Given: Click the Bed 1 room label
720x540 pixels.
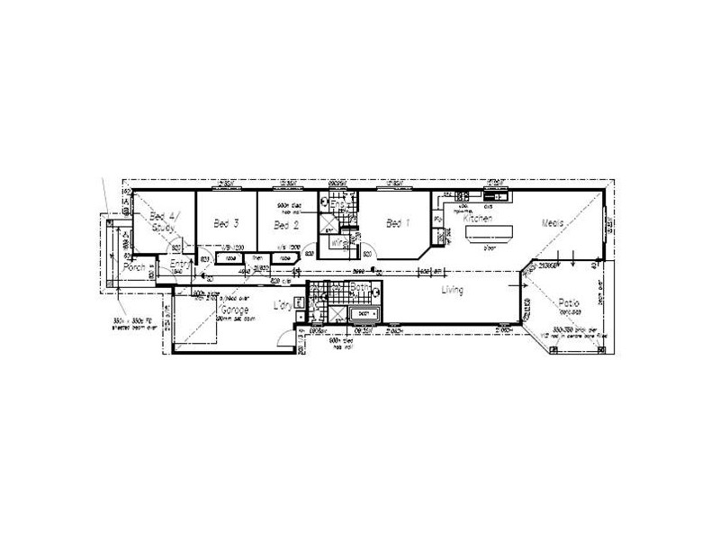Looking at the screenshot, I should click(x=398, y=222).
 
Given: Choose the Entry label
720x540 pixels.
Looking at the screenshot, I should click(x=178, y=262).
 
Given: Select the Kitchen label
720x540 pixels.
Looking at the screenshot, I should click(x=474, y=219).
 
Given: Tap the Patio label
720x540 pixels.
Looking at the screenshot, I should click(x=568, y=304).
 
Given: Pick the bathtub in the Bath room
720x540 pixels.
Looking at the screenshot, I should click(x=363, y=316).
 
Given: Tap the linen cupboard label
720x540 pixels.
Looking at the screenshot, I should click(x=257, y=257).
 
